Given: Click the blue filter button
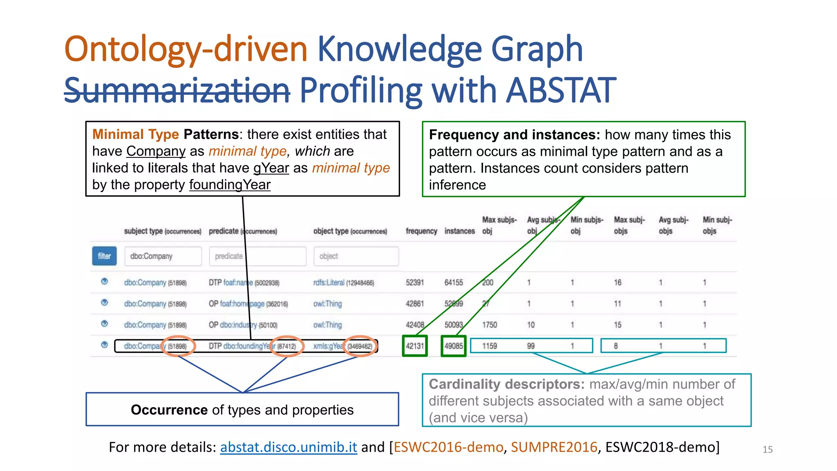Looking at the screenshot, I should pyautogui.click(x=104, y=256).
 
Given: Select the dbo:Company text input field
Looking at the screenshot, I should pyautogui.click(x=163, y=256).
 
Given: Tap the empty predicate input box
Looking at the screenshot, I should pyautogui.click(x=257, y=256).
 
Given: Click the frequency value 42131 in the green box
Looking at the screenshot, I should pyautogui.click(x=415, y=346).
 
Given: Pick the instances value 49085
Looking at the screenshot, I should pyautogui.click(x=454, y=346).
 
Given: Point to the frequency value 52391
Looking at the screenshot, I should pyautogui.click(x=415, y=283).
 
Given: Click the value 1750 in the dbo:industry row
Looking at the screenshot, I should pyautogui.click(x=490, y=325).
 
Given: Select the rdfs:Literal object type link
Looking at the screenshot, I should pyautogui.click(x=329, y=283).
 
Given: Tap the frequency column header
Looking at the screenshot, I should pyautogui.click(x=421, y=231).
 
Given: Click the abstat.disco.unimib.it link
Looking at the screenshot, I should pyautogui.click(x=289, y=447).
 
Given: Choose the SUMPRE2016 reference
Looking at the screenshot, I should pyautogui.click(x=554, y=447).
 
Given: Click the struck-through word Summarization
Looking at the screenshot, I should pyautogui.click(x=177, y=90).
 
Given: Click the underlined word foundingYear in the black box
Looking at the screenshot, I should pyautogui.click(x=230, y=185).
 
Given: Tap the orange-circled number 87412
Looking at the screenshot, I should pyautogui.click(x=286, y=346).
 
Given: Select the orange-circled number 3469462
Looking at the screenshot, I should pyautogui.click(x=360, y=346).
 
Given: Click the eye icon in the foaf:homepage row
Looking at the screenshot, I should pyautogui.click(x=105, y=303).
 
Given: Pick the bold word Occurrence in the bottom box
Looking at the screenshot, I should pyautogui.click(x=169, y=410).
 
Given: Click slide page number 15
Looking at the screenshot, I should pyautogui.click(x=768, y=449).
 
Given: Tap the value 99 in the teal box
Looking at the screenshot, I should pyautogui.click(x=530, y=346).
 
